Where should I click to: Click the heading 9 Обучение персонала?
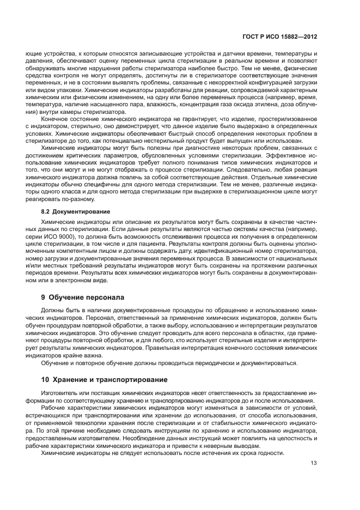[x=82, y=297]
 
